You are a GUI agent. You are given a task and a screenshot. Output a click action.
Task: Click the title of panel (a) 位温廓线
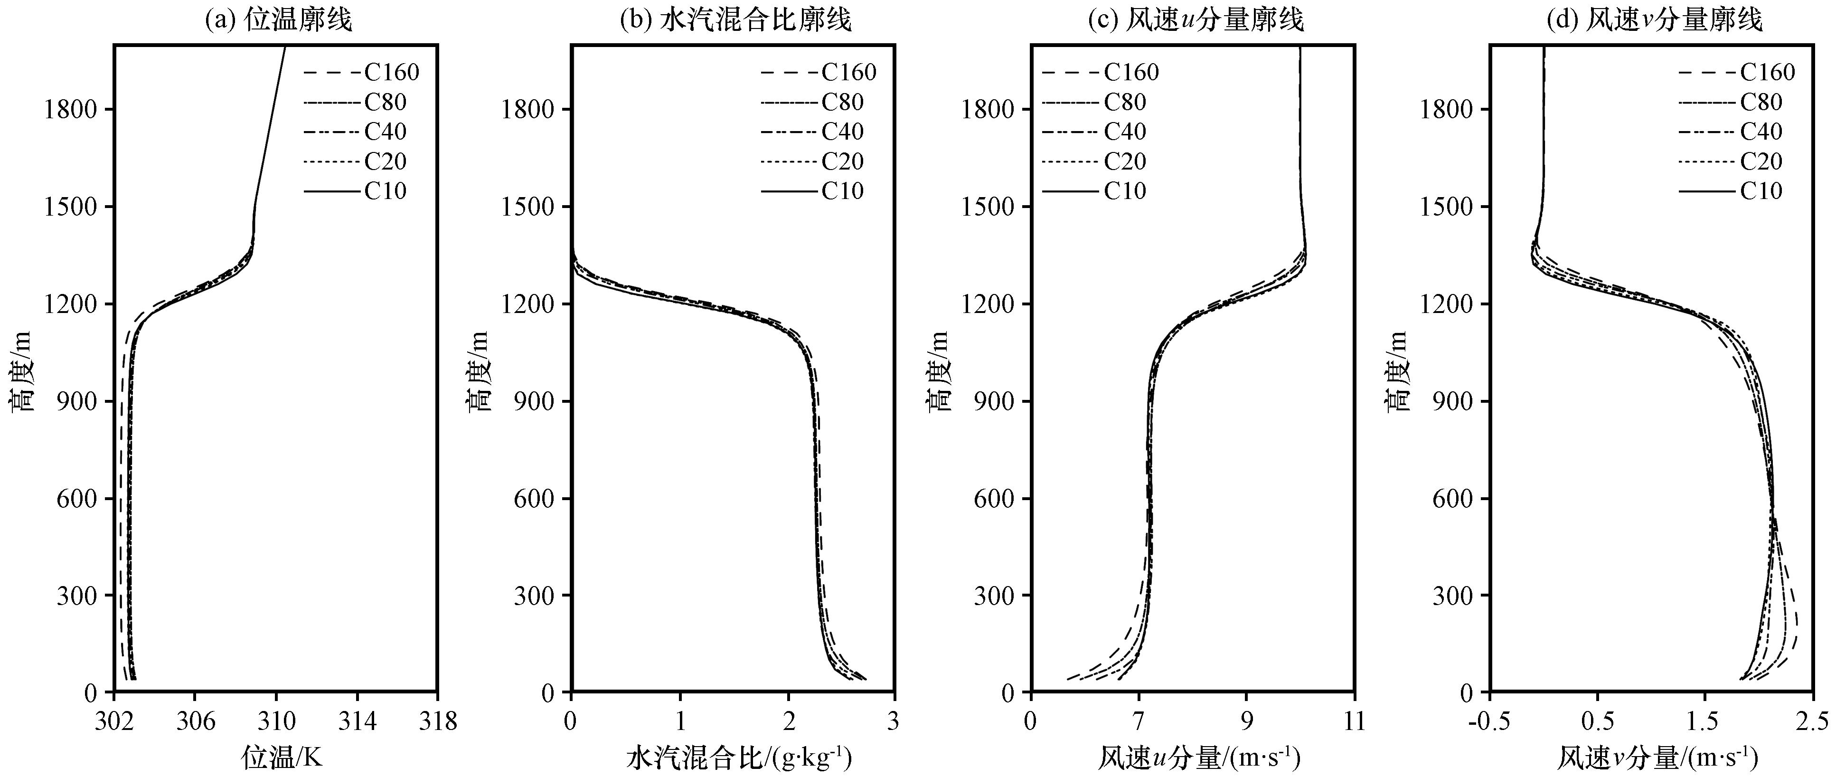tap(278, 20)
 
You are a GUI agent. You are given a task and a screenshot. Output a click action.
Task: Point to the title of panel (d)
tap(1654, 20)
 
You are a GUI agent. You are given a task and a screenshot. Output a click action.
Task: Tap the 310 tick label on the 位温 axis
tap(276, 721)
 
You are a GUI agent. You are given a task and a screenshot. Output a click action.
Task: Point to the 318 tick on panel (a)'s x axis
tap(437, 721)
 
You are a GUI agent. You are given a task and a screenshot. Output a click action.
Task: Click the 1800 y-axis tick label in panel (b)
tap(528, 110)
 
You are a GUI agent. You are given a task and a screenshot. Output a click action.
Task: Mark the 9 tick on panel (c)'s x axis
tap(1247, 721)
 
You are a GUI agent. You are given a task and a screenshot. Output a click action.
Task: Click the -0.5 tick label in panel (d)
tap(1489, 721)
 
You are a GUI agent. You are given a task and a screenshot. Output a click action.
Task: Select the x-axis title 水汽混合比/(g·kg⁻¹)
tap(738, 758)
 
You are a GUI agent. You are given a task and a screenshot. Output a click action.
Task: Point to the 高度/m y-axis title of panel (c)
tap(943, 370)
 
